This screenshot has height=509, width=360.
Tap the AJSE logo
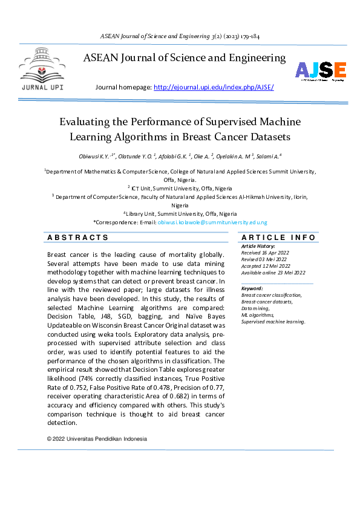tap(320, 71)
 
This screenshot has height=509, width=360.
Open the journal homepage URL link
tap(214, 87)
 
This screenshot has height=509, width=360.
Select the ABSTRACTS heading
tap(78, 238)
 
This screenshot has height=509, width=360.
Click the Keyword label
tap(252, 288)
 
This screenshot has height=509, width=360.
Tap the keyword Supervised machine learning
tap(273, 322)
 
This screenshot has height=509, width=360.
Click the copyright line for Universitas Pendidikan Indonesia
tap(97, 439)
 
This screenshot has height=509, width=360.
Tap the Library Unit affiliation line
tap(181, 213)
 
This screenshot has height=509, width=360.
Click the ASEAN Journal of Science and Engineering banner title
tap(184, 58)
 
